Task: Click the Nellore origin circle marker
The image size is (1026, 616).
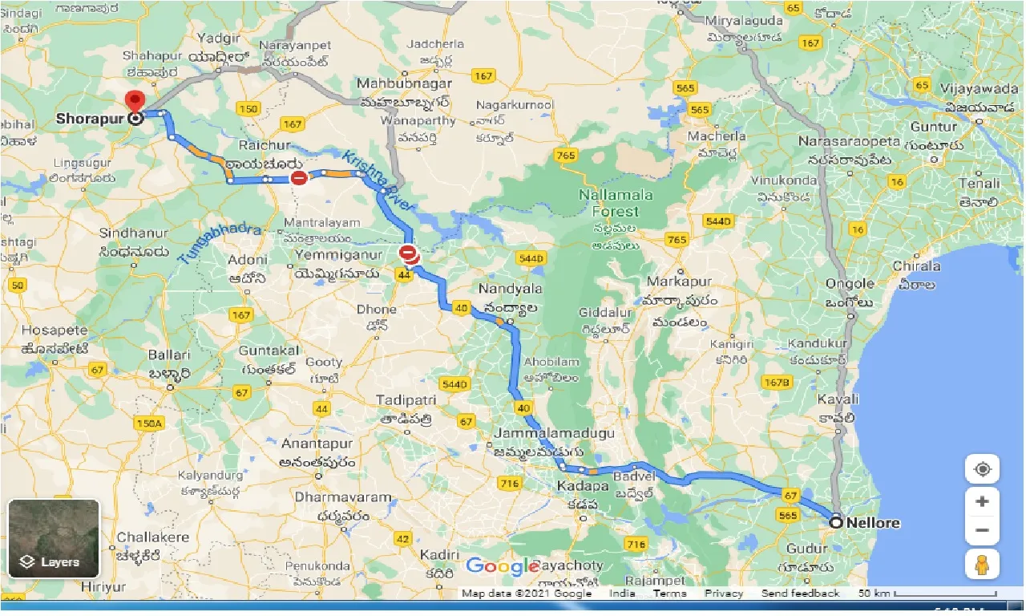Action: tap(836, 522)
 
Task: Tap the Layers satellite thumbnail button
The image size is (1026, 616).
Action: tap(54, 539)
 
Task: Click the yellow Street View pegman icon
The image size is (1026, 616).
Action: tap(982, 565)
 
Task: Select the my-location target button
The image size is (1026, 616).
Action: tap(982, 469)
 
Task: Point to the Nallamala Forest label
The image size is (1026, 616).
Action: tap(616, 203)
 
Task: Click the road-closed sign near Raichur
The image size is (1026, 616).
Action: tap(298, 178)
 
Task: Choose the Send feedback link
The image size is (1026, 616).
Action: tap(800, 594)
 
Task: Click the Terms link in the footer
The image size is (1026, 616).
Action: tap(669, 594)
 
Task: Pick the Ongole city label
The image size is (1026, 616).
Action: tap(850, 283)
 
